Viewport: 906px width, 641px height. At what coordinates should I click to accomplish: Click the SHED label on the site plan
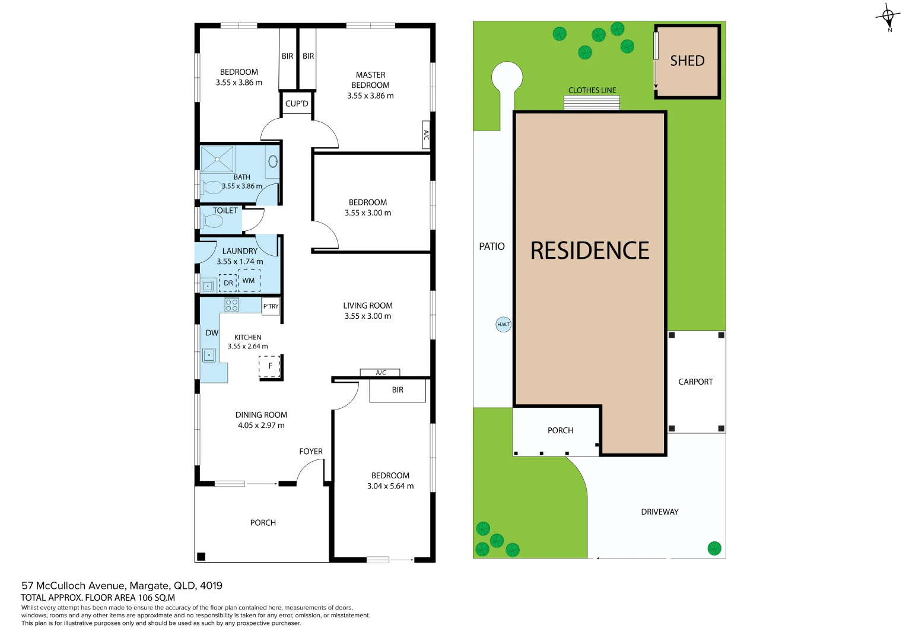[x=687, y=61]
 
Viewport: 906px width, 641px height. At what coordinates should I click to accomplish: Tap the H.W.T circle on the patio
[x=503, y=324]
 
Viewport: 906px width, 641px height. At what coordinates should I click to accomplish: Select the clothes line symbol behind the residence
[x=592, y=103]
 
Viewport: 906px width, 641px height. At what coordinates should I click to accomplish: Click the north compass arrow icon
[x=888, y=16]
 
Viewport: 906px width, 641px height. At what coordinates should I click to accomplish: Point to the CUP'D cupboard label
[x=297, y=104]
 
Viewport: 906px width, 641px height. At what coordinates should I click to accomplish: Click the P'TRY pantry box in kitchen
[x=271, y=306]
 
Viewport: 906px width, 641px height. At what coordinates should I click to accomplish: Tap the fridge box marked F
[x=270, y=366]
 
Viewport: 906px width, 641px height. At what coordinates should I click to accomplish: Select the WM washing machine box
[x=249, y=281]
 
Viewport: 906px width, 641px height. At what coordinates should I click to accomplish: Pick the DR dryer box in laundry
[x=228, y=283]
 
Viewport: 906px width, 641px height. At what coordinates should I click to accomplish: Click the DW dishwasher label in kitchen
[x=212, y=333]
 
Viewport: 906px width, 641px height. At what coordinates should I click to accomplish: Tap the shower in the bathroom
[x=217, y=159]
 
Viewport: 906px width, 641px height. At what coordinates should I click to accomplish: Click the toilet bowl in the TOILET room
[x=212, y=221]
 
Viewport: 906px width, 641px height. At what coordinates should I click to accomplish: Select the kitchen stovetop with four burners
[x=231, y=305]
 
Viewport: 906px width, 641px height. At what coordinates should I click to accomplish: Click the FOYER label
[x=311, y=452]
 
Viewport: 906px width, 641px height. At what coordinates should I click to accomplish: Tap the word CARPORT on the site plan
[x=695, y=382]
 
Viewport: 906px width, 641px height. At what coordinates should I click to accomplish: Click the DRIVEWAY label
[x=659, y=512]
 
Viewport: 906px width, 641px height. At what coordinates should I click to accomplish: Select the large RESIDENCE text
[x=590, y=251]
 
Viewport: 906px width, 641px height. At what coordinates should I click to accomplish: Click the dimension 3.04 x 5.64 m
[x=390, y=486]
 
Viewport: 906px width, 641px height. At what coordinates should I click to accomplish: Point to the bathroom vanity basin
[x=273, y=161]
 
